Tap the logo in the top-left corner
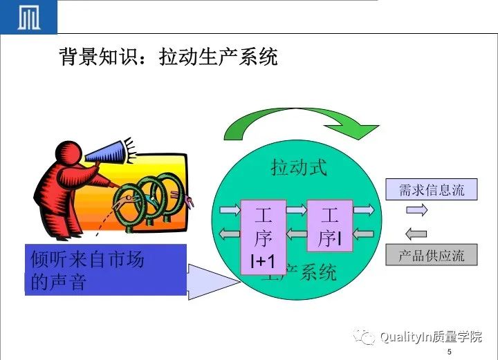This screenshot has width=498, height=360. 28,17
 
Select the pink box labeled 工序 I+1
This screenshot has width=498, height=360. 263,238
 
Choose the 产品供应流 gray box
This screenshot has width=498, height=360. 432,255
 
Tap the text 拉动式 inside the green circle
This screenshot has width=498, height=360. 298,167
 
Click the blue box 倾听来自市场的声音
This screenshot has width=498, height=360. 106,269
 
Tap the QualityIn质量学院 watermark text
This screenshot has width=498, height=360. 430,337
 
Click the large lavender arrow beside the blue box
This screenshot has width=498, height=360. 211,281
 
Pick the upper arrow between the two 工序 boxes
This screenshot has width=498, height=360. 297,209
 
